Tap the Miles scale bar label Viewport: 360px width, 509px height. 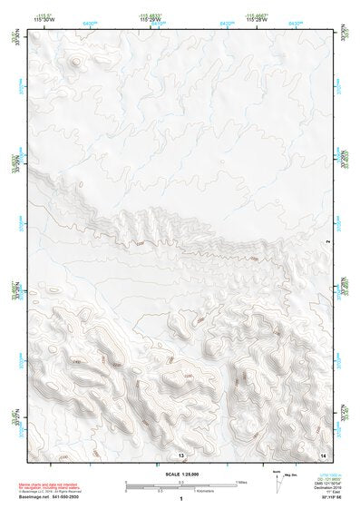click(240, 482)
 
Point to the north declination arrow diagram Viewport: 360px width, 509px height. click(302, 478)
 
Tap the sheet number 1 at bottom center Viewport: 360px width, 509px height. click(180, 500)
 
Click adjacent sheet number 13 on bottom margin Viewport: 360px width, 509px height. click(180, 453)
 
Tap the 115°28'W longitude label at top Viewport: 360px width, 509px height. click(258, 20)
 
